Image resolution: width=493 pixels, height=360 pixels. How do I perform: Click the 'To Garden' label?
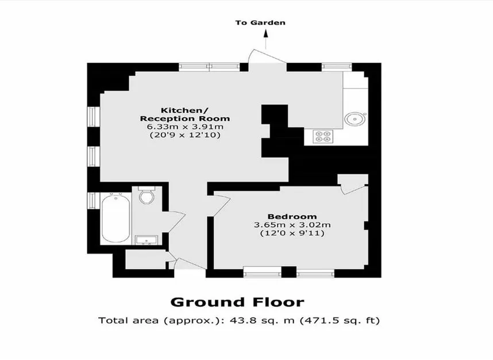pyautogui.click(x=260, y=22)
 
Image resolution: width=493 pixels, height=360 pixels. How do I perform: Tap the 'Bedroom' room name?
pyautogui.click(x=292, y=216)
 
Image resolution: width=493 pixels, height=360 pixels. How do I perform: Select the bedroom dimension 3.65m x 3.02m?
pyautogui.click(x=292, y=225)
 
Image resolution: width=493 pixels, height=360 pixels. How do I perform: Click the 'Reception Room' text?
pyautogui.click(x=185, y=118)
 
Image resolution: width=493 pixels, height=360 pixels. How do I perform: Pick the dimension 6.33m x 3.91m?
pyautogui.click(x=185, y=127)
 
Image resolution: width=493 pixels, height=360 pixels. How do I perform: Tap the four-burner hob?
pyautogui.click(x=323, y=136)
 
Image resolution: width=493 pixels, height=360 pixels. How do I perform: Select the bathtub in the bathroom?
pyautogui.click(x=116, y=219)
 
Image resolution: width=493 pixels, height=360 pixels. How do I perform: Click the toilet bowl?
pyautogui.click(x=147, y=196)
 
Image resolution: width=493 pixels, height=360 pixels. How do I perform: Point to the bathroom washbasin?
pyautogui.click(x=147, y=240)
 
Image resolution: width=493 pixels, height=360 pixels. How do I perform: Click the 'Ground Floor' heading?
pyautogui.click(x=237, y=302)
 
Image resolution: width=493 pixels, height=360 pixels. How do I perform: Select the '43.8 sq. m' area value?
pyautogui.click(x=262, y=320)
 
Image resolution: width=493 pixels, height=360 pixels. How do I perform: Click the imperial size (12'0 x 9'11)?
pyautogui.click(x=292, y=233)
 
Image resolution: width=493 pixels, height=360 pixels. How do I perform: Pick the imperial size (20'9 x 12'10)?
pyautogui.click(x=185, y=135)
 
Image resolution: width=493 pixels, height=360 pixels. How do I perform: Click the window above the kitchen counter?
pyautogui.click(x=337, y=66)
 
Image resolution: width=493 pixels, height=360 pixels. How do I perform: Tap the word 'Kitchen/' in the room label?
pyautogui.click(x=184, y=110)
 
